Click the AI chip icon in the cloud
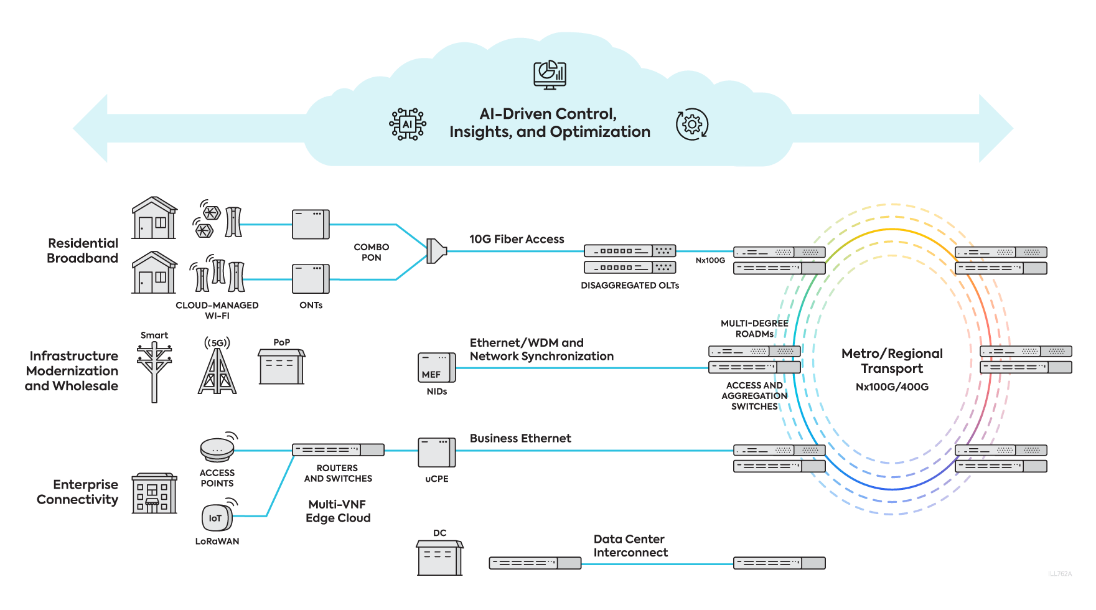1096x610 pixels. pyautogui.click(x=408, y=124)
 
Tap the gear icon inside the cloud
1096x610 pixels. pyautogui.click(x=691, y=124)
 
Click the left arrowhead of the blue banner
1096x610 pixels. pyautogui.click(x=91, y=129)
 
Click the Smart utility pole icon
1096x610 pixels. pyautogui.click(x=154, y=371)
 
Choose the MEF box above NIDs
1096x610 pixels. pyautogui.click(x=436, y=367)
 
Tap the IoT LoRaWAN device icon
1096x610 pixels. pyautogui.click(x=216, y=517)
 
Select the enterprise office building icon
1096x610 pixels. pyautogui.click(x=154, y=494)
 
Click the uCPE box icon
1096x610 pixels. pyautogui.click(x=436, y=453)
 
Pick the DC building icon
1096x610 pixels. pyautogui.click(x=439, y=558)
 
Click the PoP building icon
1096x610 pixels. pyautogui.click(x=281, y=367)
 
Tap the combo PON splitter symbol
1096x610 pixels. pyautogui.click(x=436, y=251)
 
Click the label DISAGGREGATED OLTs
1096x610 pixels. pyautogui.click(x=630, y=286)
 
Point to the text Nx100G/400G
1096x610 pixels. pyautogui.click(x=892, y=387)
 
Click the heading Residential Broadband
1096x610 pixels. pyautogui.click(x=82, y=251)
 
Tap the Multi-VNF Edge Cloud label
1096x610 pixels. pyautogui.click(x=338, y=511)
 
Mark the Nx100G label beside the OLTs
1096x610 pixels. pyautogui.click(x=710, y=260)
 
